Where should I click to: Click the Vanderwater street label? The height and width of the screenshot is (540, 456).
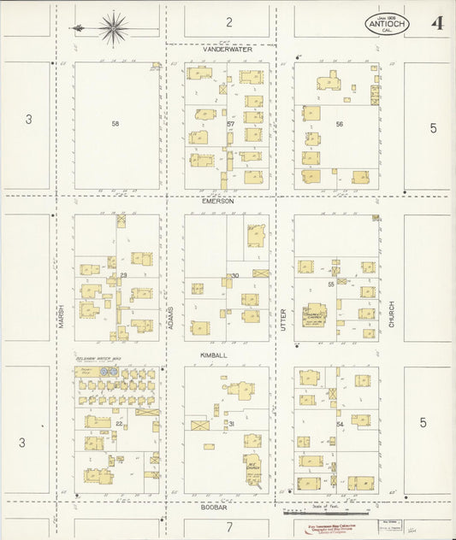[226, 50]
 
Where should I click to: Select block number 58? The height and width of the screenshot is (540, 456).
[115, 124]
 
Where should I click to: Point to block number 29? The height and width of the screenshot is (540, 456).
[123, 274]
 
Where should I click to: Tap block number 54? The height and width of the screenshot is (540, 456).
[340, 425]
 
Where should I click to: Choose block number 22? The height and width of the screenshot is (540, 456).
[120, 424]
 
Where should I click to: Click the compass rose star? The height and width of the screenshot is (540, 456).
[112, 28]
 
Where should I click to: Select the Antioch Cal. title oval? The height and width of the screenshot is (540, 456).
[388, 24]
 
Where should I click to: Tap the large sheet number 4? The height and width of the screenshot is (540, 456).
[436, 23]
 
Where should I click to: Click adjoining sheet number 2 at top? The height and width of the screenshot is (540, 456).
[229, 21]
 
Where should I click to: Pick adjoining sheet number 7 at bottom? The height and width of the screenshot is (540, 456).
[229, 526]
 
